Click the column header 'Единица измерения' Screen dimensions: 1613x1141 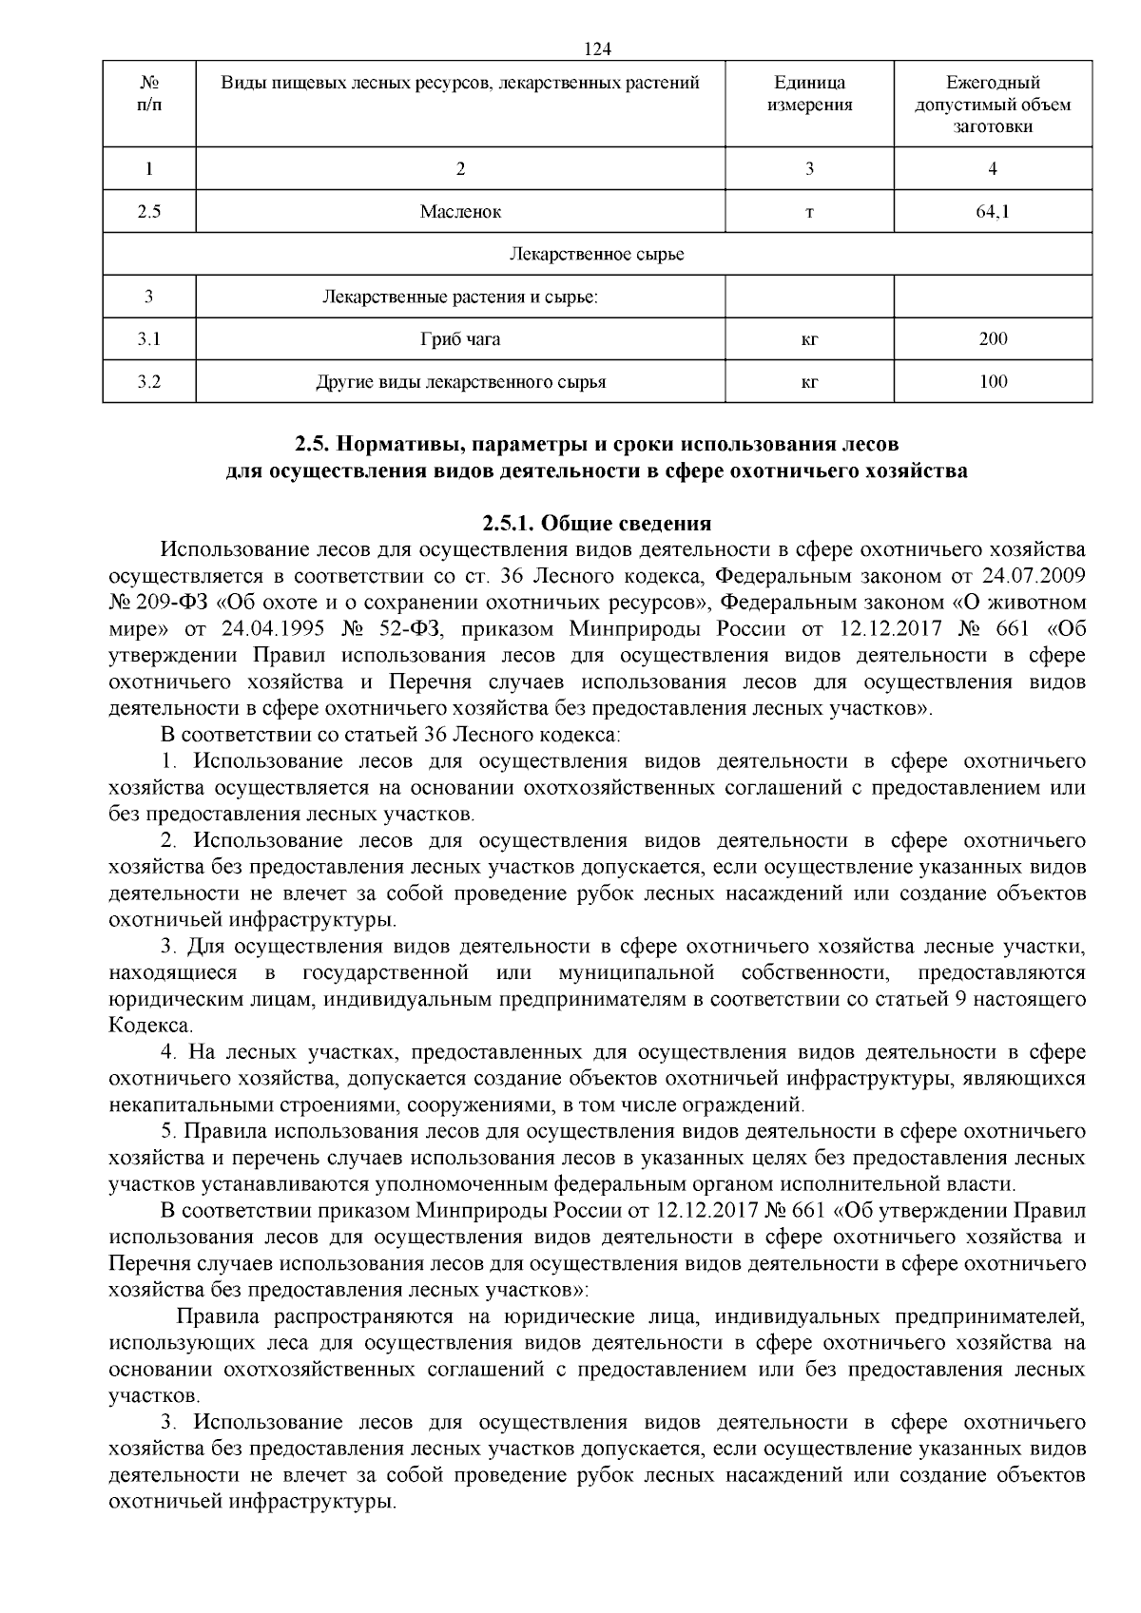(809, 94)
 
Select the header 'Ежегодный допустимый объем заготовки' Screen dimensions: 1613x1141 (993, 105)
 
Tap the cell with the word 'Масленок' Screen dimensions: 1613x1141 (460, 212)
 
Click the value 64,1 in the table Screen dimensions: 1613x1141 (993, 212)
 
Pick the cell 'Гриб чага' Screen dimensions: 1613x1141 (460, 339)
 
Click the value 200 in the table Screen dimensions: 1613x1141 (993, 339)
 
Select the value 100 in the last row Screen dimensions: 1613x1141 (993, 382)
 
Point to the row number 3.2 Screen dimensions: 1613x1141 (148, 382)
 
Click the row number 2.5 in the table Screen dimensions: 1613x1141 (148, 212)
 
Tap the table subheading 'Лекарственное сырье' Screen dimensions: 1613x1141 (596, 255)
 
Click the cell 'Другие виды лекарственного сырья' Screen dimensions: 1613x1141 (460, 382)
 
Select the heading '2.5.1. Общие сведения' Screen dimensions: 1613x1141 (596, 523)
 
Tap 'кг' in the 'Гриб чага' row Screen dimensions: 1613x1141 (809, 339)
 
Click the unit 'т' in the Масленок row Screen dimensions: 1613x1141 (809, 212)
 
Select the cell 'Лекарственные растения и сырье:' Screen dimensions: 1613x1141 (460, 297)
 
